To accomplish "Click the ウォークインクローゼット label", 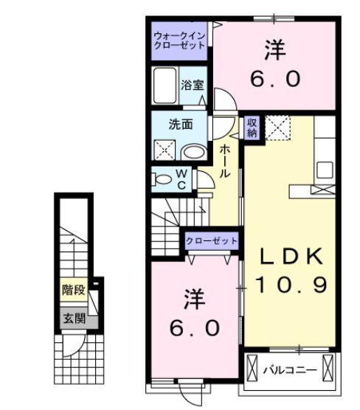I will click(x=179, y=40).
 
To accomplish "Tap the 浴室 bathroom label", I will click(x=193, y=86).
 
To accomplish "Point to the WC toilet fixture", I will click(x=162, y=178).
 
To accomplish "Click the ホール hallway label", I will click(x=225, y=160).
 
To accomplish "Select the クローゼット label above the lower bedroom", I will click(x=211, y=241).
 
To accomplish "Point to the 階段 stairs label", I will click(x=74, y=290).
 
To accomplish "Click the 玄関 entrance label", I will click(x=74, y=319).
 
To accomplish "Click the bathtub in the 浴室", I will click(x=164, y=86).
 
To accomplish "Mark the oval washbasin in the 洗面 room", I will click(x=194, y=152).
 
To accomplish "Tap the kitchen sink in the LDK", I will click(x=325, y=170).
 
